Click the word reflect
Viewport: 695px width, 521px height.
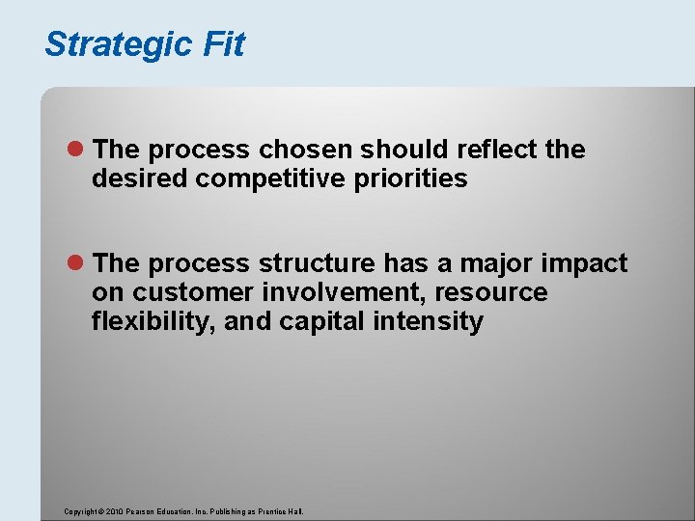(491, 150)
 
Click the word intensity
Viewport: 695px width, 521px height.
(430, 321)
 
